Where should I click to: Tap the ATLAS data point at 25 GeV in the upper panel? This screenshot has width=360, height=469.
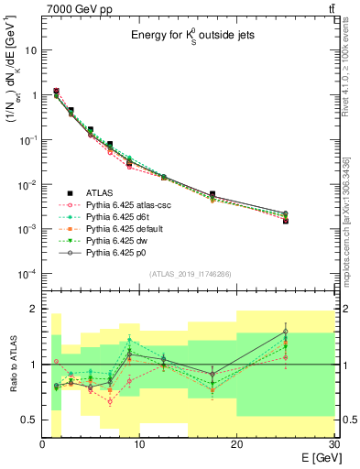point(285,221)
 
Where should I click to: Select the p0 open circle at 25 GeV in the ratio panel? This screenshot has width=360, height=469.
point(285,332)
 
